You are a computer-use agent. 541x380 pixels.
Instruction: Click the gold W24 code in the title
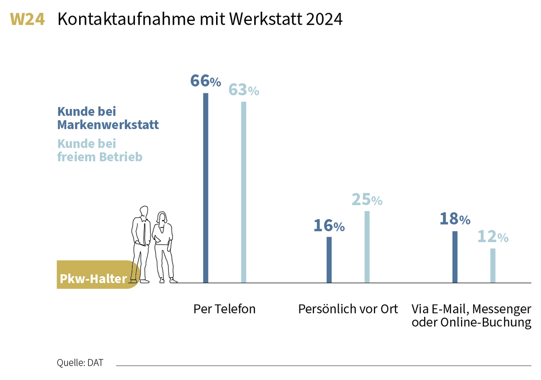[x=27, y=19]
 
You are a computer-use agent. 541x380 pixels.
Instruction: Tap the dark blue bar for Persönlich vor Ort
[x=329, y=260]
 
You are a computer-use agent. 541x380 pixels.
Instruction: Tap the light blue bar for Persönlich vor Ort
[x=367, y=247]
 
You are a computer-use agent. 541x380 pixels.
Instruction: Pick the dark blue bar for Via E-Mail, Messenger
[x=455, y=257]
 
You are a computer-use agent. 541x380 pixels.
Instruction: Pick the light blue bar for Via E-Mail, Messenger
[x=493, y=266]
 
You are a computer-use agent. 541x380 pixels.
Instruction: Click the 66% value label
[x=205, y=81]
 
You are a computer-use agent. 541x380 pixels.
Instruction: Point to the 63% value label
[x=243, y=90]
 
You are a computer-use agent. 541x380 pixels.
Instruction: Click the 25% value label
[x=367, y=200]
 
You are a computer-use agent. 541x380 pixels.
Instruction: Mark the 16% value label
[x=329, y=226]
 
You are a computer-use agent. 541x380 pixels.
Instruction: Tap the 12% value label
[x=493, y=237]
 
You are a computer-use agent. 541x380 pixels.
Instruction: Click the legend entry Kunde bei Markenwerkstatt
[x=108, y=118]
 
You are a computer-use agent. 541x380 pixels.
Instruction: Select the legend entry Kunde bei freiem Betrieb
[x=100, y=150]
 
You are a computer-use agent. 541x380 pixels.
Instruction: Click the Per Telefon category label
[x=224, y=309]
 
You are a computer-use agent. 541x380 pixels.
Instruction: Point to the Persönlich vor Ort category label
[x=348, y=309]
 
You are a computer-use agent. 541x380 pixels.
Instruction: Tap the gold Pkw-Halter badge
[x=93, y=279]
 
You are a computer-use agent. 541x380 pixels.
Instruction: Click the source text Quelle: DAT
[x=80, y=363]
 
